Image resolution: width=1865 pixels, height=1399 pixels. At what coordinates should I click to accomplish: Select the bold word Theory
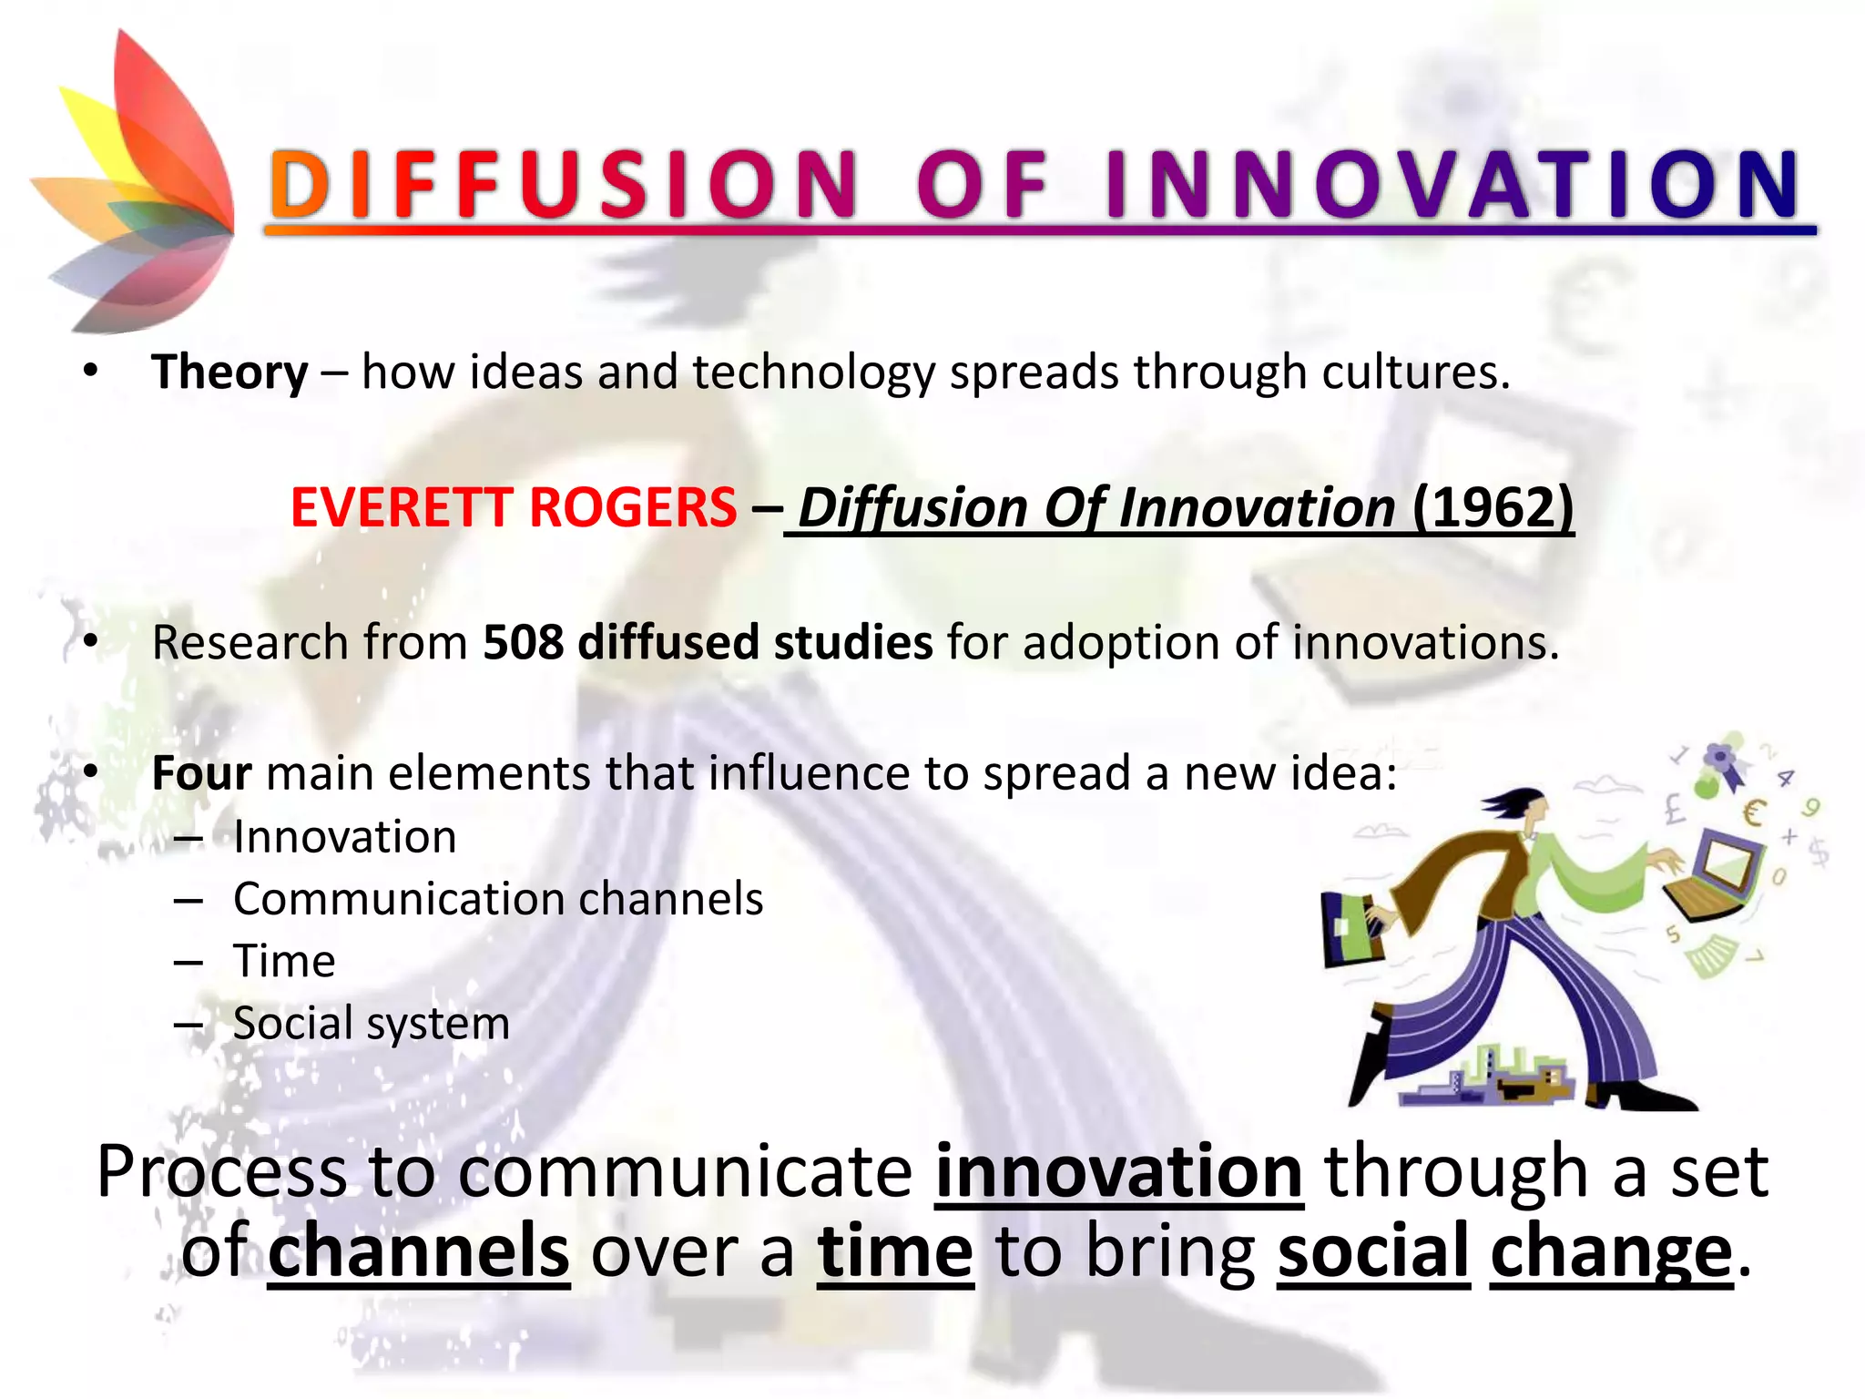(229, 373)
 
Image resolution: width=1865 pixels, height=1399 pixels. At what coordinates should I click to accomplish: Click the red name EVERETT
(402, 507)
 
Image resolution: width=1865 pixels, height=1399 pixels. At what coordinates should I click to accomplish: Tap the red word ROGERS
(633, 507)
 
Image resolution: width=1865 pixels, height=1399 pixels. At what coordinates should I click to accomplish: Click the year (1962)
(1493, 507)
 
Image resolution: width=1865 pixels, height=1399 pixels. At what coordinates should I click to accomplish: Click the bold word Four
(200, 773)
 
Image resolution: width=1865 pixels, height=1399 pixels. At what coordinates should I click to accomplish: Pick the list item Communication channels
(497, 899)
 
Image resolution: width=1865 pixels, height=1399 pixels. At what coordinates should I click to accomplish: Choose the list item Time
(284, 961)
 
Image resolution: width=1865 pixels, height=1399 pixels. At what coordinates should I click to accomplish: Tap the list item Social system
(371, 1023)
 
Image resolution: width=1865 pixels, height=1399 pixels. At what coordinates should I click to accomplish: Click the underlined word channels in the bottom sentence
(419, 1252)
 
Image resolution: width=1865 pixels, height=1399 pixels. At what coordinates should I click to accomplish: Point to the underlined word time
(895, 1252)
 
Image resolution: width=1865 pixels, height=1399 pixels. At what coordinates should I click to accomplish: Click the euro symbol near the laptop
(1754, 812)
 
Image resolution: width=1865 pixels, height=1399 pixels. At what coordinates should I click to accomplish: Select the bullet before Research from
(89, 642)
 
